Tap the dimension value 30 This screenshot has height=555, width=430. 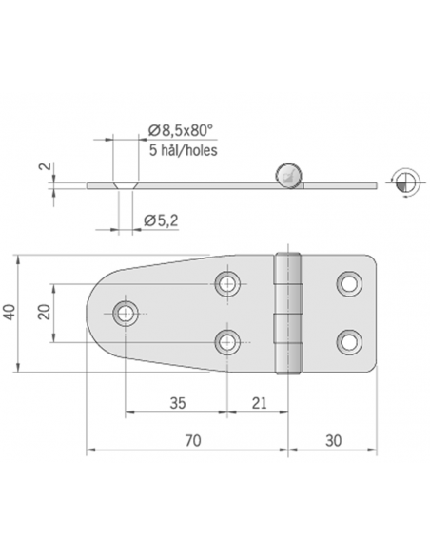[334, 440]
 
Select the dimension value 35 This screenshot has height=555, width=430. [176, 403]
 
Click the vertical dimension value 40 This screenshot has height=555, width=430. [10, 313]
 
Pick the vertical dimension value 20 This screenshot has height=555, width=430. [44, 312]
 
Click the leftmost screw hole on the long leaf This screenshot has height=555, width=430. [125, 313]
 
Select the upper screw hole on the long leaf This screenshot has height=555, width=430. [226, 282]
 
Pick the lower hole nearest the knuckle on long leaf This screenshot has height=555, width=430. [226, 341]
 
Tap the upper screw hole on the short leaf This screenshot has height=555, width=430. [348, 282]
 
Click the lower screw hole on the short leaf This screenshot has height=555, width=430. [348, 341]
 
